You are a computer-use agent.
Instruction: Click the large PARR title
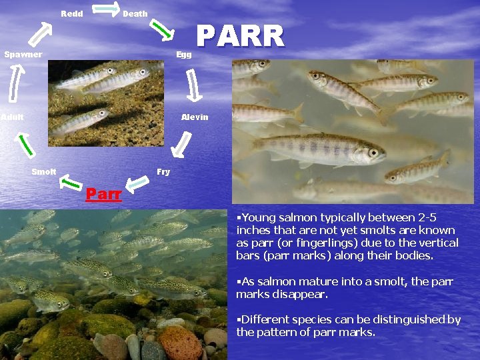[x=241, y=36]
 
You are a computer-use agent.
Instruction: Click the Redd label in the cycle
[x=72, y=14]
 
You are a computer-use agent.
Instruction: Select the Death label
[x=135, y=14]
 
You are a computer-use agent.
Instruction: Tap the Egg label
[x=184, y=55]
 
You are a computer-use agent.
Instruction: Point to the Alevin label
[x=195, y=117]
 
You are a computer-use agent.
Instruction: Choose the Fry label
[x=163, y=172]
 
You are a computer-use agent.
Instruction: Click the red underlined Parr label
[x=103, y=195]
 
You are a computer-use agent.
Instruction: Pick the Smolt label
[x=44, y=172]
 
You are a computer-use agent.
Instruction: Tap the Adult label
[x=12, y=117]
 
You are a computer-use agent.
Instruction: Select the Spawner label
[x=23, y=55]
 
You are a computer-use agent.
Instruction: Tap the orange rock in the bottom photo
[x=179, y=341]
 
